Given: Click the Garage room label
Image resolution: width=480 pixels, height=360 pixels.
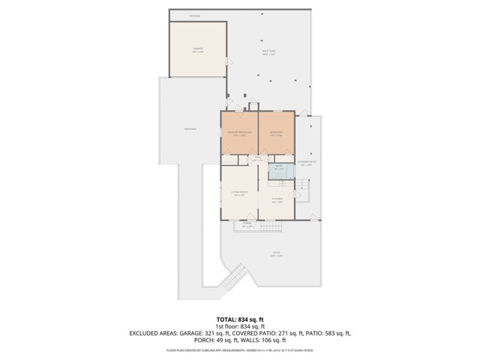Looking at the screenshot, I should (x=198, y=50).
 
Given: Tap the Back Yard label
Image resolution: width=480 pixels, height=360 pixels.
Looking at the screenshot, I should (x=268, y=52).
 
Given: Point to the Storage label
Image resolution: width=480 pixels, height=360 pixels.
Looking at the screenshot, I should (x=194, y=15).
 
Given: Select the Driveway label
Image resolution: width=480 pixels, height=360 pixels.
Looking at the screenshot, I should (x=190, y=129).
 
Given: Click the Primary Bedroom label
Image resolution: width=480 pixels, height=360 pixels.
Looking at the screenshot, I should (x=239, y=133).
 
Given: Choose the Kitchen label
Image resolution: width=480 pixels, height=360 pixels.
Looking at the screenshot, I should (x=277, y=200).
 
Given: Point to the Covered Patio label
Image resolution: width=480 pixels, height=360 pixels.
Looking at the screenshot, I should (x=306, y=162).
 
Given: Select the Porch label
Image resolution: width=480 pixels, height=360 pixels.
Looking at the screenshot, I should (x=247, y=223).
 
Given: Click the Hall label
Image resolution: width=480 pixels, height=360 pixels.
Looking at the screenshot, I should (x=257, y=159).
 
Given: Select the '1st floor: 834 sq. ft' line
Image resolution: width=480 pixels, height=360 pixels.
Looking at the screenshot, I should (x=240, y=325).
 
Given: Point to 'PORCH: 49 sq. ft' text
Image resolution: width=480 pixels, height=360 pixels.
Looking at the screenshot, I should (x=216, y=339).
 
